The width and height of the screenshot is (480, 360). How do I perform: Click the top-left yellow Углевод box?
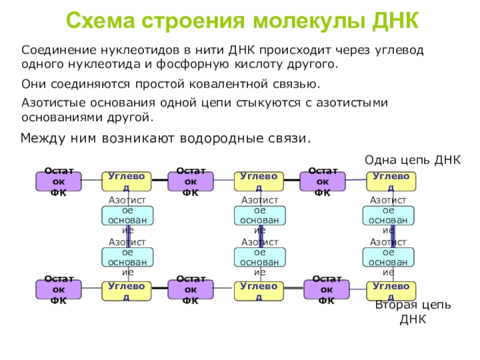pos(126,181)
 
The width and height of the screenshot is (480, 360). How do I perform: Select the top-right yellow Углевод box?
pos(391,181)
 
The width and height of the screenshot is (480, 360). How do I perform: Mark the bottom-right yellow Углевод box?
pos(391,290)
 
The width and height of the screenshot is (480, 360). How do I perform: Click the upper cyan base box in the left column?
pos(127,215)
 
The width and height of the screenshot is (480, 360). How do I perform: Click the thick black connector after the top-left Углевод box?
pos(159,181)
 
